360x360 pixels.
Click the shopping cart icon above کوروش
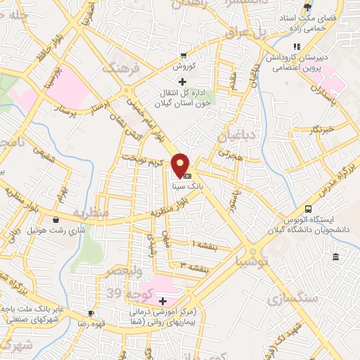(183, 56)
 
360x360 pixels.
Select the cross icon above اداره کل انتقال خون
(183, 82)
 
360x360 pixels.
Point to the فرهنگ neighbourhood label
(118, 69)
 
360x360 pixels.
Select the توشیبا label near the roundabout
(252, 262)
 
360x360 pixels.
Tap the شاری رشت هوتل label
(52, 230)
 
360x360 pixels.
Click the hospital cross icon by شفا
(163, 300)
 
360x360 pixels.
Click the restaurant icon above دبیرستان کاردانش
(297, 47)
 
